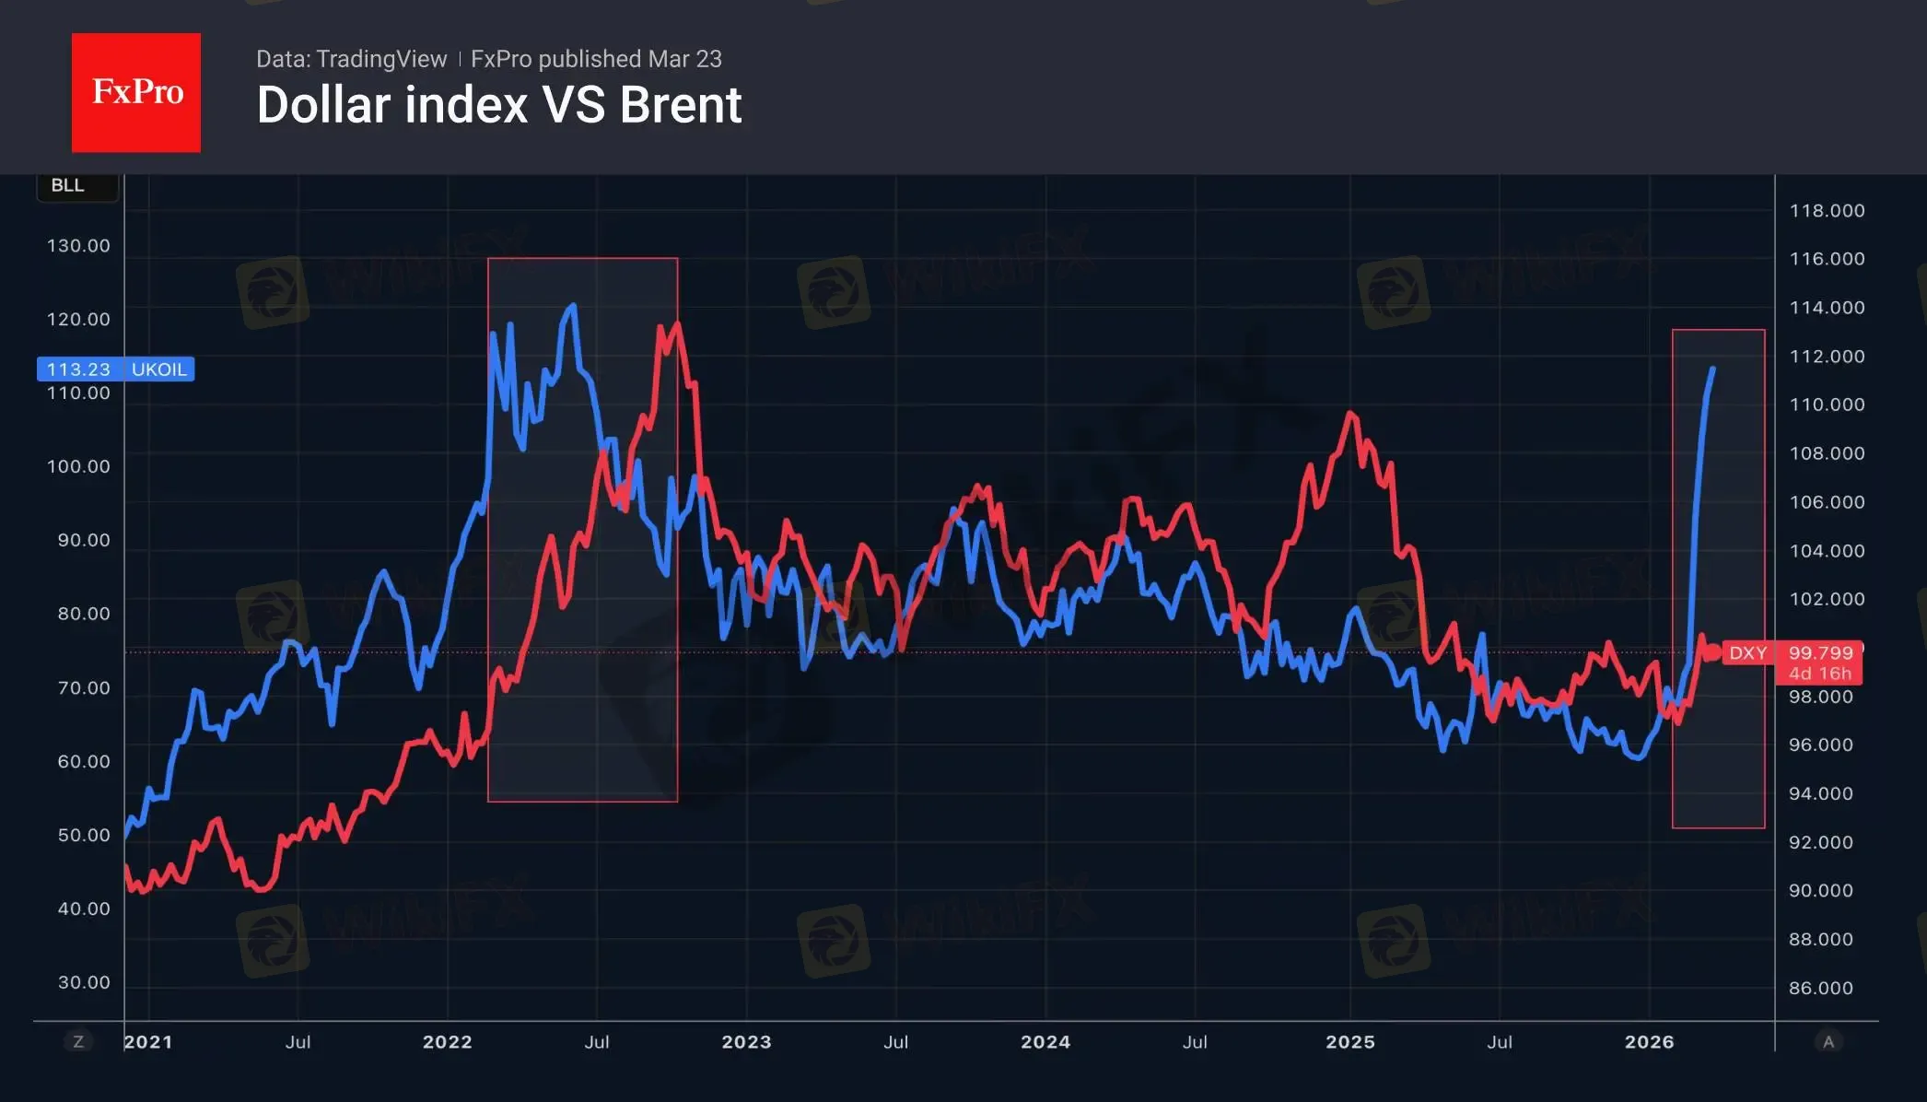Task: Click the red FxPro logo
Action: [136, 92]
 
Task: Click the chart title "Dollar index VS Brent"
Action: [498, 105]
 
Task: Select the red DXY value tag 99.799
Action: [1819, 653]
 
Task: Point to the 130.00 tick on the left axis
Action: [78, 246]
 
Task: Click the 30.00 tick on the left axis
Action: [83, 982]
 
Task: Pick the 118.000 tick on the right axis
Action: [1827, 211]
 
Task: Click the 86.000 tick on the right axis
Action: [1820, 988]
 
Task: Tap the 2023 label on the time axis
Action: [746, 1042]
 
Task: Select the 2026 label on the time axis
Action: [1649, 1042]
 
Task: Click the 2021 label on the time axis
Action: [148, 1042]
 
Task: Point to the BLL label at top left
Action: [67, 185]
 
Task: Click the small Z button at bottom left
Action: [78, 1042]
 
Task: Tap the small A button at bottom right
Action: [1828, 1042]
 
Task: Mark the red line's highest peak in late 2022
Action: [677, 323]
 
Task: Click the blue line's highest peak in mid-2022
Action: [573, 305]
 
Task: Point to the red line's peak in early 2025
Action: [1351, 413]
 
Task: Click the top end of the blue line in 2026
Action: [1713, 369]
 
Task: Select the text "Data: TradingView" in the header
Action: [351, 59]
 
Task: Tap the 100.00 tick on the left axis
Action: [78, 466]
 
